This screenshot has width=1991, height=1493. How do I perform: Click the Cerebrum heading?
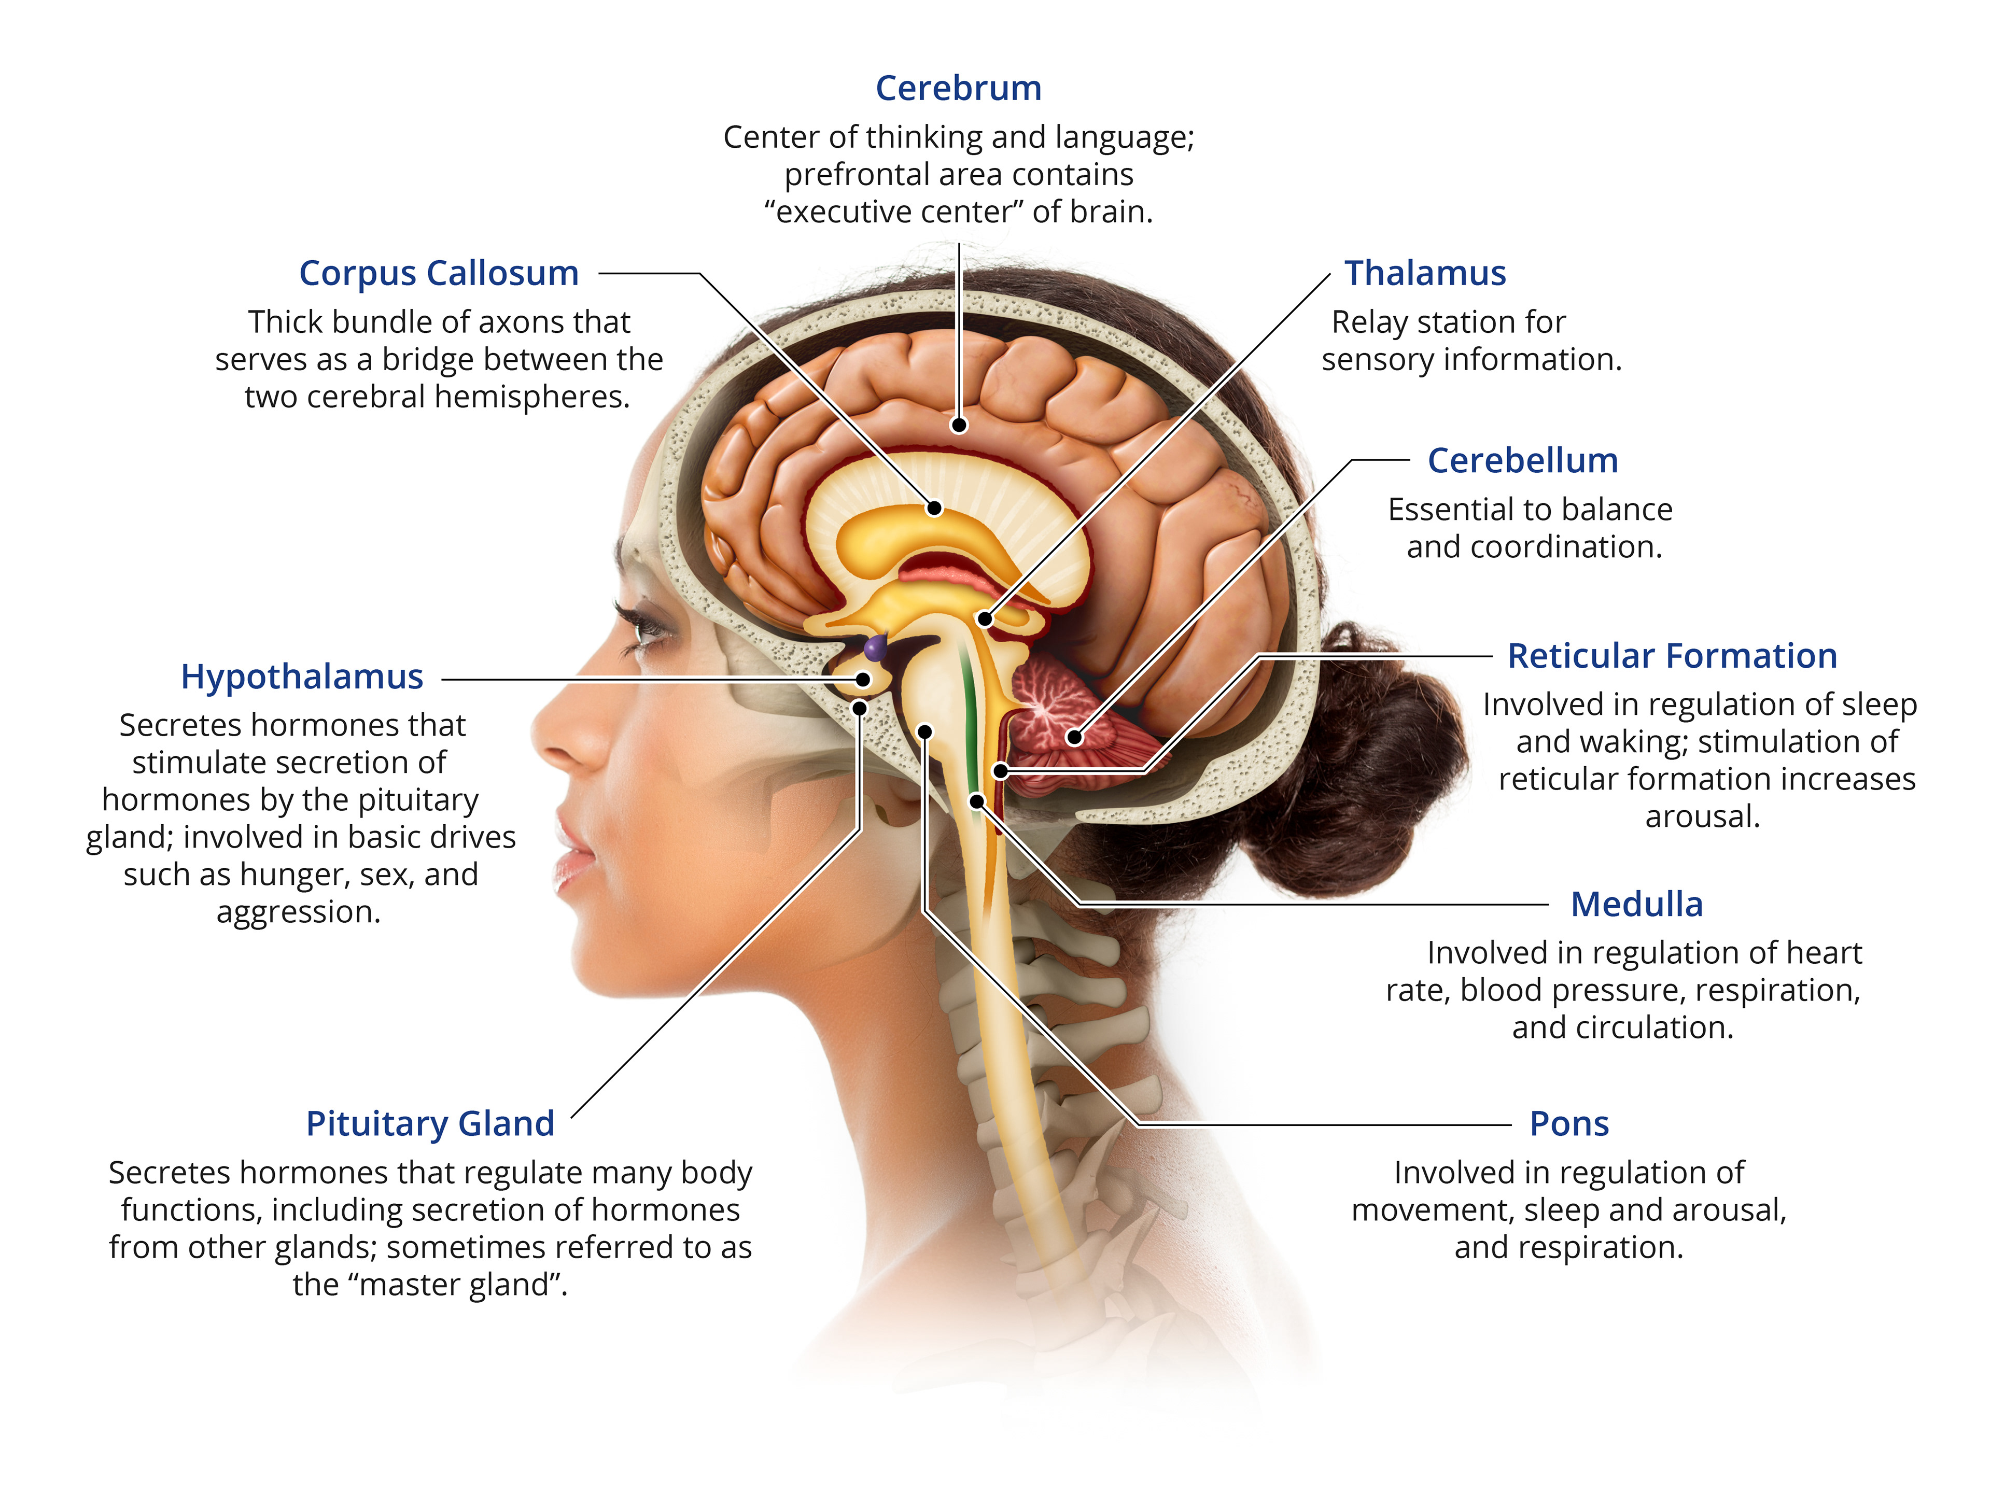pos(959,88)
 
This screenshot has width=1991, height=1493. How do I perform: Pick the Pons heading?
pos(1569,1123)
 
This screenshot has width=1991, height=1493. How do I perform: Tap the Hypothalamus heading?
pos(302,676)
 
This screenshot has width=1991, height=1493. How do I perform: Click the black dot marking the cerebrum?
pos(960,425)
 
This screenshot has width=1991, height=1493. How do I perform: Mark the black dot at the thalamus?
pos(985,619)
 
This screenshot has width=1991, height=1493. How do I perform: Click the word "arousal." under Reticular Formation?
pos(1701,816)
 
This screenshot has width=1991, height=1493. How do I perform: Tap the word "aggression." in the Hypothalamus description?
pos(299,912)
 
